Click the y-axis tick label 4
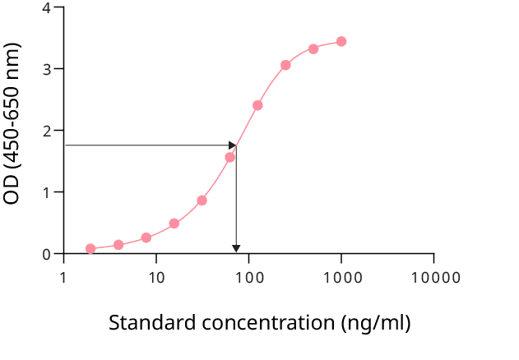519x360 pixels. [46, 7]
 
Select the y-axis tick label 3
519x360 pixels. [46, 69]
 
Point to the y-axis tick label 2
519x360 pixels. [46, 131]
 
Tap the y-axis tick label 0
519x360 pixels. [46, 254]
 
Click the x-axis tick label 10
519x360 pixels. [156, 277]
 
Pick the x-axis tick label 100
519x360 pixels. [249, 277]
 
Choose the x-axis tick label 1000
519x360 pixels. [341, 277]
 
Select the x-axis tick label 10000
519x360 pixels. [434, 277]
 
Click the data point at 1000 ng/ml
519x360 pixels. [341, 41]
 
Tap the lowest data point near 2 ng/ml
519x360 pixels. [90, 249]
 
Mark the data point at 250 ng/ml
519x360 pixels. [285, 65]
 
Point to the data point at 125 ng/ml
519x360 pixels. [257, 105]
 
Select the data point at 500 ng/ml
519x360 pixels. [313, 48]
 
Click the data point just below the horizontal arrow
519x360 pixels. [229, 157]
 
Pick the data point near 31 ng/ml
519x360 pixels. [202, 201]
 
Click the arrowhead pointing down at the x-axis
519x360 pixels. [237, 249]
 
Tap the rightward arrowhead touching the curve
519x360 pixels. [232, 145]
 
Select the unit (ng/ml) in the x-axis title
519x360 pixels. [376, 322]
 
